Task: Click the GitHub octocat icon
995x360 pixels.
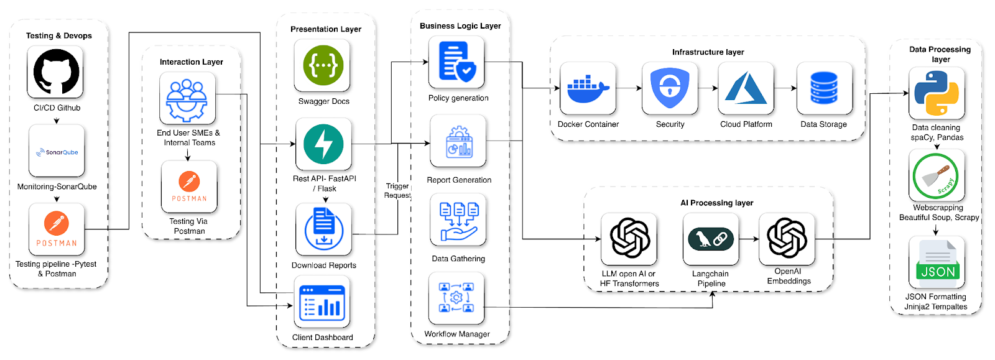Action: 55,72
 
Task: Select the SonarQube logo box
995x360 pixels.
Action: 57,151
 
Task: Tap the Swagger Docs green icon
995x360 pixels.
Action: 323,65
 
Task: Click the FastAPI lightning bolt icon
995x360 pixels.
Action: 323,144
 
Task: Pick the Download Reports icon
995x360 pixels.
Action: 323,229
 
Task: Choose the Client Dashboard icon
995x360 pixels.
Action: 322,302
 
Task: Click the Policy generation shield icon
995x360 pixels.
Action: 456,62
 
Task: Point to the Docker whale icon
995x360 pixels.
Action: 588,88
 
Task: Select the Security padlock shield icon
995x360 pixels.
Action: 669,88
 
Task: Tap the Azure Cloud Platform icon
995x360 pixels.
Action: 746,88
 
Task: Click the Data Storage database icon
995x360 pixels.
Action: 824,88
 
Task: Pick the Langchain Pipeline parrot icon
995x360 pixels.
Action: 711,239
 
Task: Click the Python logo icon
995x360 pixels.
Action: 937,93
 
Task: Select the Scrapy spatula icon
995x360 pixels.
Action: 937,176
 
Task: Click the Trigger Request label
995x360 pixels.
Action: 397,191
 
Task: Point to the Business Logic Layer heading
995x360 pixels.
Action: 460,26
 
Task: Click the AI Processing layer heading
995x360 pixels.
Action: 716,203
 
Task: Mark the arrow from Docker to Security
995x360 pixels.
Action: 629,88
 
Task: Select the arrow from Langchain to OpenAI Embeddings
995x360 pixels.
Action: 749,239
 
